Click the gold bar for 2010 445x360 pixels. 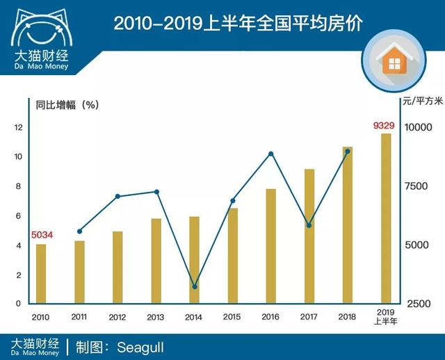point(41,274)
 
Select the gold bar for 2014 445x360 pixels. point(195,260)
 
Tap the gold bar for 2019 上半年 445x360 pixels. point(386,218)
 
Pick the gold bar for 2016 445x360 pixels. point(271,246)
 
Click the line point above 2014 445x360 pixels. point(195,286)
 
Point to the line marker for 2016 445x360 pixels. point(271,154)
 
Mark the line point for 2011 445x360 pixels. point(79,231)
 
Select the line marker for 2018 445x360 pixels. point(348,151)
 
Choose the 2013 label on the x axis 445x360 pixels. point(156,317)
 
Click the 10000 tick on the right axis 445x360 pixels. point(420,127)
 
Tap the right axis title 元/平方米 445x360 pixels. point(422,101)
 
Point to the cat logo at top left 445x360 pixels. point(40,24)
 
